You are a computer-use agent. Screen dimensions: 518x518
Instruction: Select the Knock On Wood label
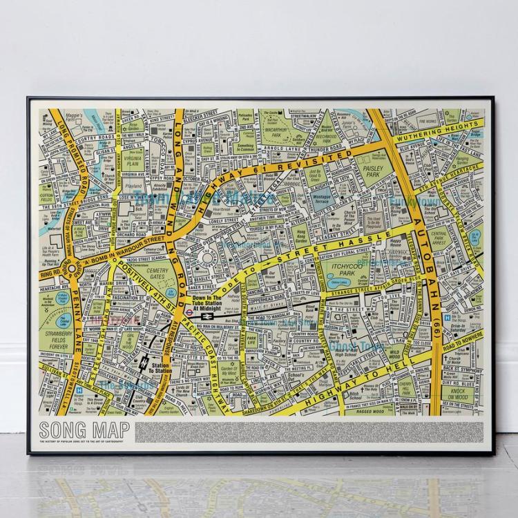click(x=458, y=394)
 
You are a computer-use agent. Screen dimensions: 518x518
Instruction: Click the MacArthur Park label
click(x=285, y=128)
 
